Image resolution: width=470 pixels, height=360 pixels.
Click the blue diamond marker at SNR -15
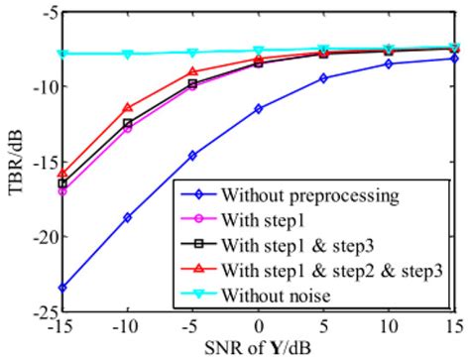(x=62, y=288)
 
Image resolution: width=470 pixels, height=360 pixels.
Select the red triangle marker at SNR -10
(x=128, y=107)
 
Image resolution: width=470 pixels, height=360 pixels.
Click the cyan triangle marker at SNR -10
(x=128, y=55)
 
